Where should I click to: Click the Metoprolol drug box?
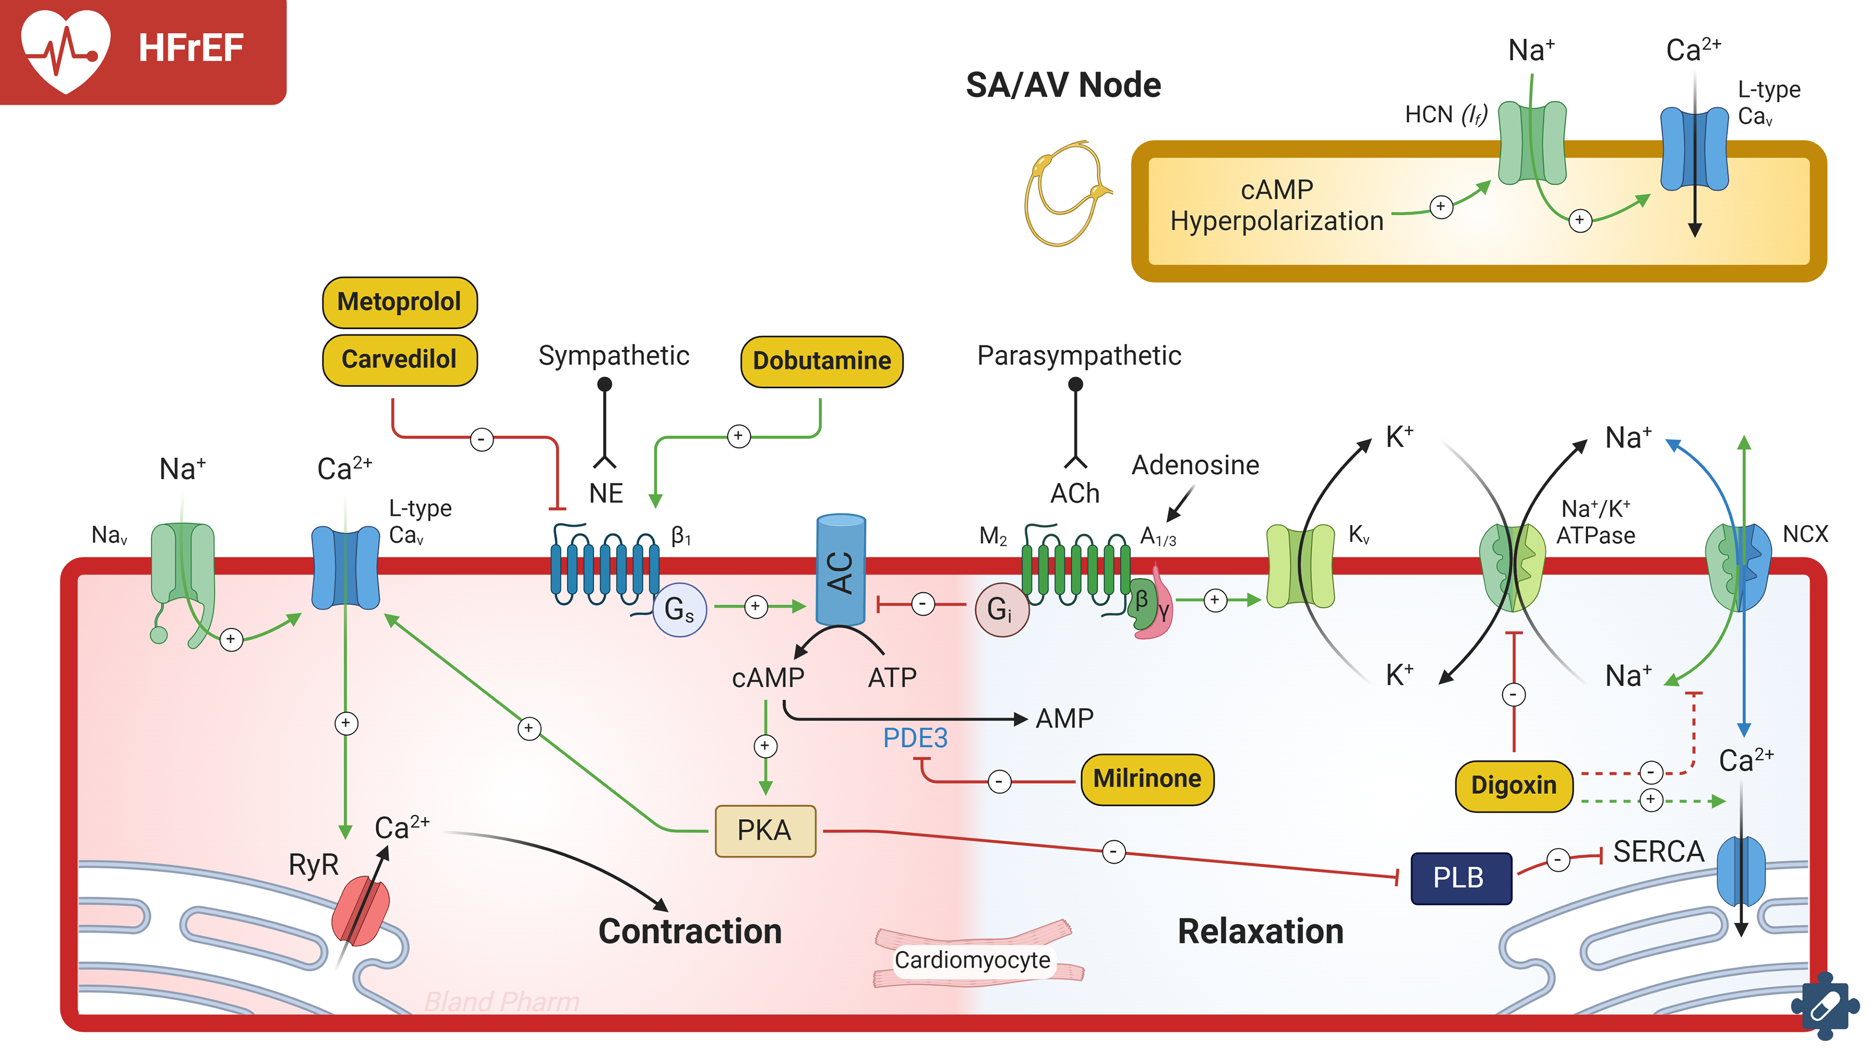[399, 302]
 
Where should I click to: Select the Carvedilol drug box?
[399, 359]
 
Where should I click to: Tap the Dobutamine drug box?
[821, 361]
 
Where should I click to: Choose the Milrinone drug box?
[1146, 779]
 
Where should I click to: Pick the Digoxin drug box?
[1514, 785]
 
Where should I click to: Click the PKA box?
[765, 830]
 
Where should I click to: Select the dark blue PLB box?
[1460, 877]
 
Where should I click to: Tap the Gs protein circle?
[679, 609]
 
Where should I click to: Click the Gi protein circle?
[1001, 609]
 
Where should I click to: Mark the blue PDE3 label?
[915, 738]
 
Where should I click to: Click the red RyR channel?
[361, 910]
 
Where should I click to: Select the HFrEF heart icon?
[66, 49]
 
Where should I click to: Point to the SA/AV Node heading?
[1063, 85]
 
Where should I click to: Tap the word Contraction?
[690, 931]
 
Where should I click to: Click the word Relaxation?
[1260, 931]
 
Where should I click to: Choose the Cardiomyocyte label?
[972, 960]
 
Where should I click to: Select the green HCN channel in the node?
[1532, 143]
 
